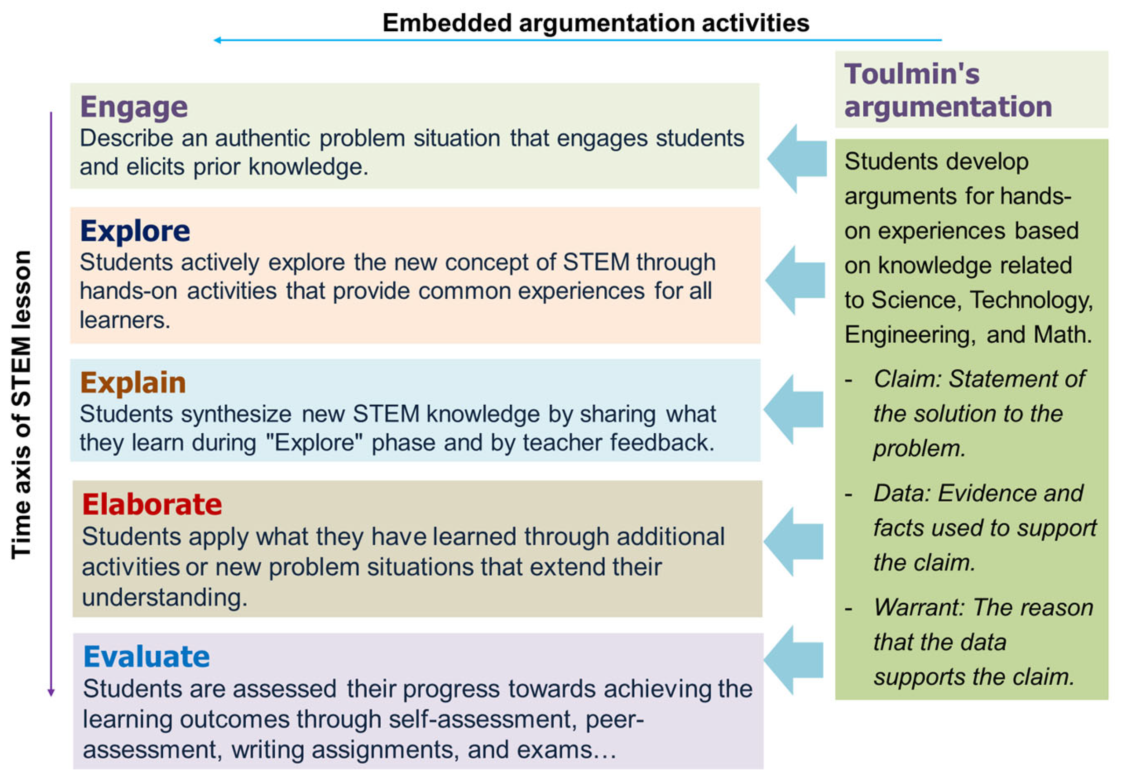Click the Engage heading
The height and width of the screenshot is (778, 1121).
coord(134,107)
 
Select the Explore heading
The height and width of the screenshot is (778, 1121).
coord(135,231)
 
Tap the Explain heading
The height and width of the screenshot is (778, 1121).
coord(133,383)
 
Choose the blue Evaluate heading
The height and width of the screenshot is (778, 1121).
coord(146,657)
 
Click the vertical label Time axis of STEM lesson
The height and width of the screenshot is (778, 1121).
coord(22,404)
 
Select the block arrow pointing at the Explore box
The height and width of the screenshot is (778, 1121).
coord(795,280)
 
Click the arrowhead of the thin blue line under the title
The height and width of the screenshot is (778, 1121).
coord(217,40)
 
